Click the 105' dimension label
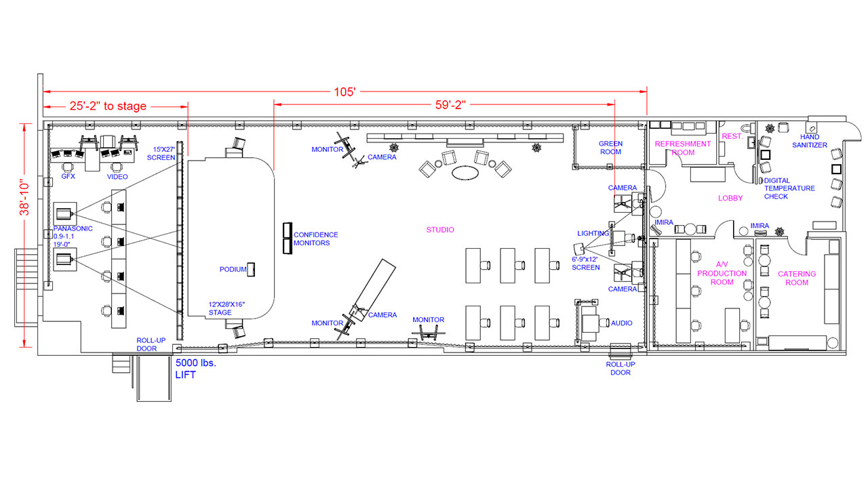pos(344,92)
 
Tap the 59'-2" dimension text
pos(450,105)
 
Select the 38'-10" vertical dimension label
pos(24,197)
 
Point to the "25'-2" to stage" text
pos(108,106)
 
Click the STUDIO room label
pos(440,230)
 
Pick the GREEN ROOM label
pos(611,148)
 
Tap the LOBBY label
pos(730,199)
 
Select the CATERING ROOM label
pos(797,278)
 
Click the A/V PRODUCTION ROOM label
pos(722,273)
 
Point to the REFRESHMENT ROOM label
pos(683,148)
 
